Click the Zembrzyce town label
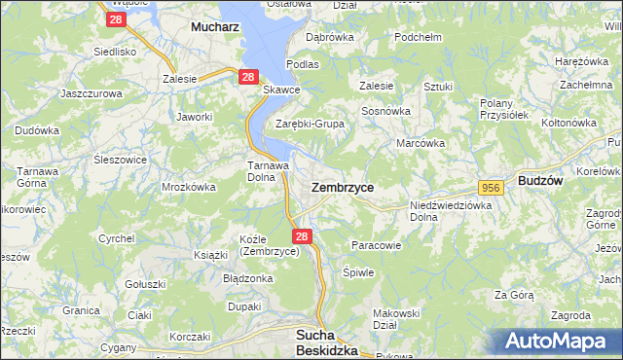tap(342, 186)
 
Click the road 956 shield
tap(490, 186)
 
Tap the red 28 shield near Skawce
tap(248, 77)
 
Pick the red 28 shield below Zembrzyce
tap(302, 236)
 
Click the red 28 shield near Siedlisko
tap(116, 18)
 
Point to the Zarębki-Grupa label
tap(310, 124)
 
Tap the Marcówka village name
tap(421, 143)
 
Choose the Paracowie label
tap(376, 245)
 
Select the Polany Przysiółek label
tap(503, 108)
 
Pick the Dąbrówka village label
tap(328, 36)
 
